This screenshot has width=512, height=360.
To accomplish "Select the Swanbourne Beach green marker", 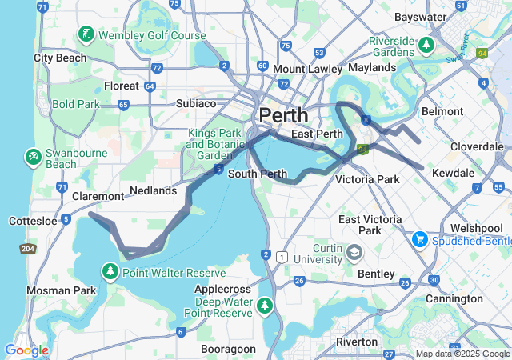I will [33, 154].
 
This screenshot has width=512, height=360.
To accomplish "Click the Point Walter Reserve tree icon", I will [110, 272].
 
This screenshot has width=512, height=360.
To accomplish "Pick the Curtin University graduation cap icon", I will [354, 254].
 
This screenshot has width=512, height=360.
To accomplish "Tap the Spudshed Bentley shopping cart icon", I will [419, 240].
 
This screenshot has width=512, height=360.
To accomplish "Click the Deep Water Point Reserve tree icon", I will [265, 305].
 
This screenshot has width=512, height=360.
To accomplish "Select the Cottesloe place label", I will [32, 221].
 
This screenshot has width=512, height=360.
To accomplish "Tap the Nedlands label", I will [152, 190].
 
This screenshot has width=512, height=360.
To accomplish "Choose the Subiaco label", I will [196, 103].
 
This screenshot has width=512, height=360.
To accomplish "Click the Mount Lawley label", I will [304, 70].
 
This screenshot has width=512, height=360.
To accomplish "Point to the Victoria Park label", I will [367, 179].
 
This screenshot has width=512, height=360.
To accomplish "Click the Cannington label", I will [454, 298].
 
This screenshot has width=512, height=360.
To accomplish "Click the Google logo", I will [26, 350].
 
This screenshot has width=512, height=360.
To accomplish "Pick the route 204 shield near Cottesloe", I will [27, 249].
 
